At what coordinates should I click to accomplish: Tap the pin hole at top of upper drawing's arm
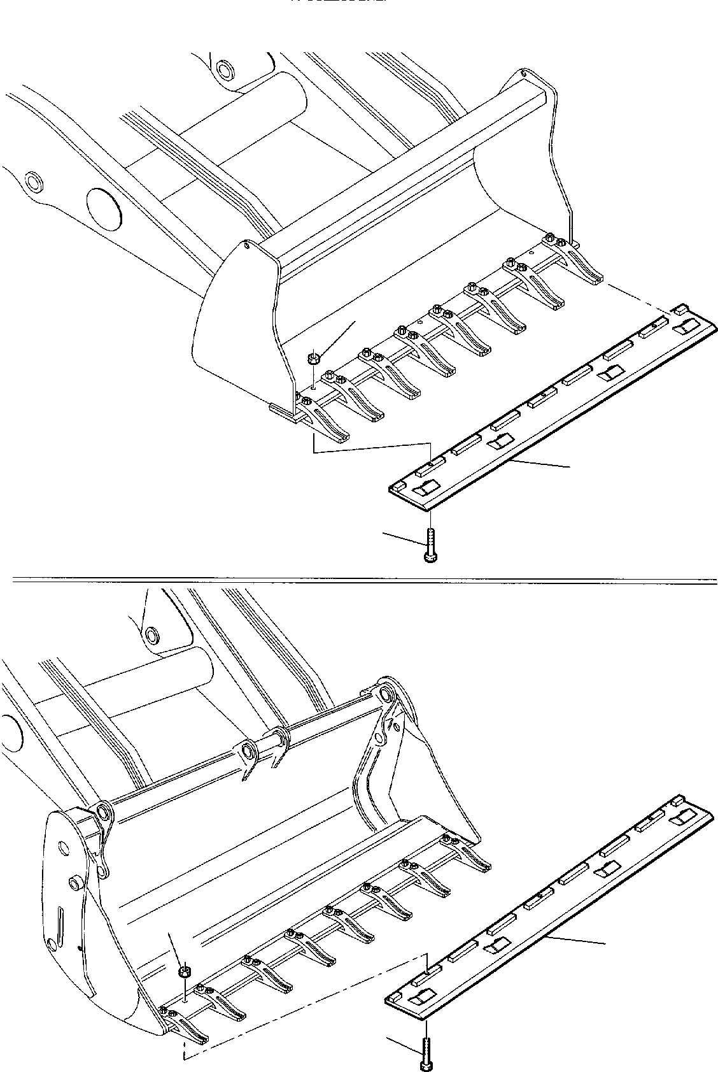[225, 68]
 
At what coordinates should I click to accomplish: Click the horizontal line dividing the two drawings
[359, 580]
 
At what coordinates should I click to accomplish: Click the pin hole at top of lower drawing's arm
[152, 635]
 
